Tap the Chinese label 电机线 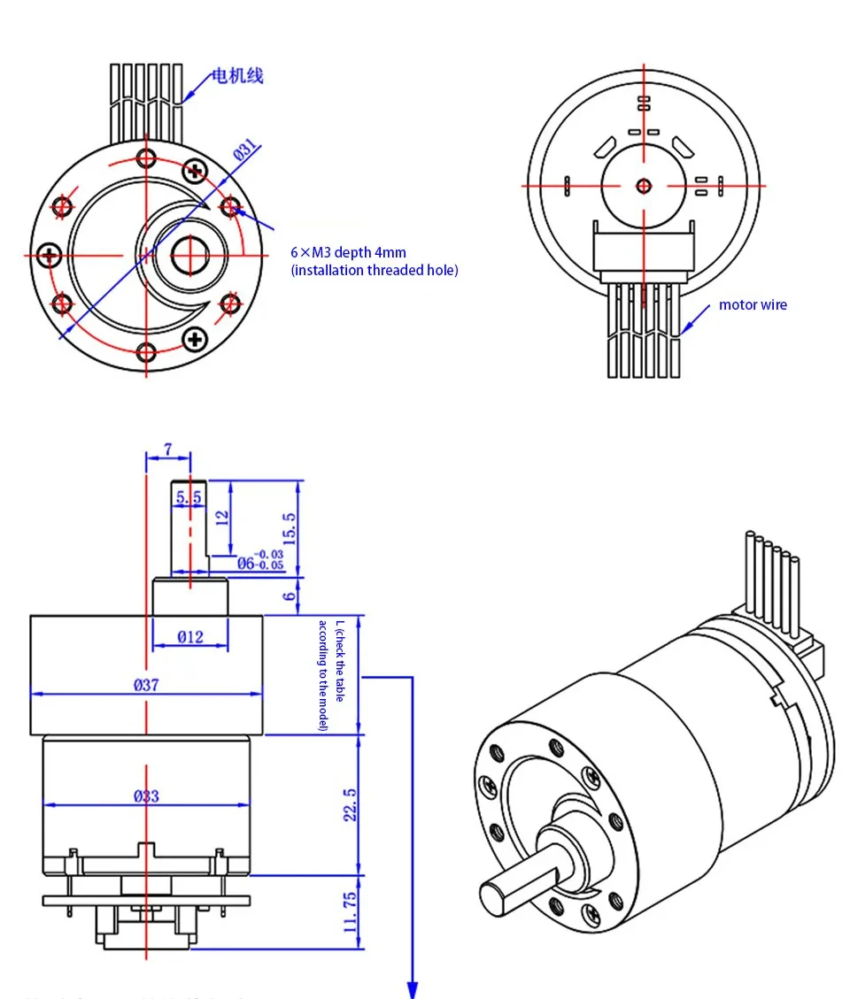click(236, 76)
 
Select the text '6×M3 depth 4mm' click(349, 252)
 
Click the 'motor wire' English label click(753, 305)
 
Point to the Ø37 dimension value click(146, 684)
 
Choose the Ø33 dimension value click(146, 795)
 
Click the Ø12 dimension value click(189, 636)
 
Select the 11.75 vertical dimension click(350, 912)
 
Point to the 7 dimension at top click(167, 450)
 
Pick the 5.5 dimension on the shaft click(188, 498)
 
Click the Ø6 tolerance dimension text click(260, 559)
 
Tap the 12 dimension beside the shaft click(223, 515)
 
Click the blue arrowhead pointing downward click(412, 987)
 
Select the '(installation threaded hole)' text click(375, 271)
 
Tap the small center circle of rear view click(644, 185)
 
